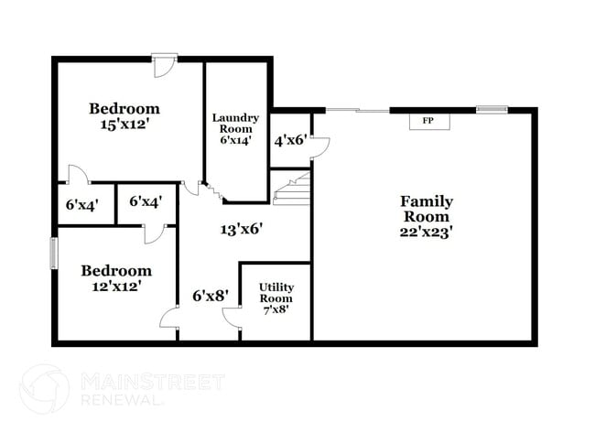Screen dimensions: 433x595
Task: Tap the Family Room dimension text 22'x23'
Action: tap(426, 232)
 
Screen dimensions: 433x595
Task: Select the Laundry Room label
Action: tap(235, 129)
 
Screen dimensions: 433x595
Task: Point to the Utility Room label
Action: tap(276, 298)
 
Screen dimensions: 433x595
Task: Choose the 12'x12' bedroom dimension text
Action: tap(116, 286)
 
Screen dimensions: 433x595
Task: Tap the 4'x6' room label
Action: tap(290, 141)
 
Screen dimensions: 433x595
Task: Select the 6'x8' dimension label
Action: tap(209, 296)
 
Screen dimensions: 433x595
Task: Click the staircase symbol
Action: tap(292, 189)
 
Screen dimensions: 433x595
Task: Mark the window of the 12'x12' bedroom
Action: tap(53, 253)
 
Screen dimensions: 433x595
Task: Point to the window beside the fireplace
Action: tap(491, 110)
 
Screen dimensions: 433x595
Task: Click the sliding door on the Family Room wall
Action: tap(358, 111)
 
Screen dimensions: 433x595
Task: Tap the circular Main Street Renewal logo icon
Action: tap(44, 389)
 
